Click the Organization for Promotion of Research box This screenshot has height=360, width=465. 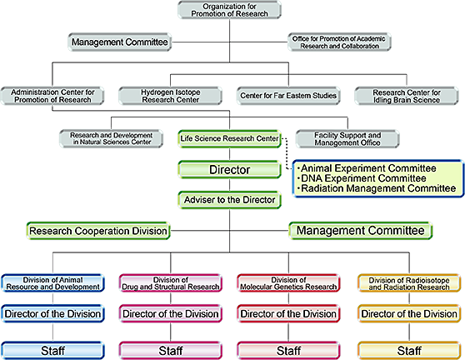(x=229, y=10)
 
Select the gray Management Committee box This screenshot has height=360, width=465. (x=119, y=42)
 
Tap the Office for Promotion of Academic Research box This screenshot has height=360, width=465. (x=339, y=42)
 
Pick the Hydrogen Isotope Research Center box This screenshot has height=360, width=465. (x=170, y=96)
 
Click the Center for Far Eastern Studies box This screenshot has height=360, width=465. (x=288, y=96)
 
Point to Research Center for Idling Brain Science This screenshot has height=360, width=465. (x=407, y=96)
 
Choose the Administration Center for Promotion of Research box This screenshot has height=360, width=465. (x=52, y=96)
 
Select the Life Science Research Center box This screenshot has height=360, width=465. (x=229, y=138)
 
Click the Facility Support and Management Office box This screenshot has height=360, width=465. (x=347, y=138)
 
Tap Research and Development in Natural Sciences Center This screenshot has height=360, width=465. (x=111, y=138)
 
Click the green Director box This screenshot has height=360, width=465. (x=229, y=170)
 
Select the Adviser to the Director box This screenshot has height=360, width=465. (x=229, y=200)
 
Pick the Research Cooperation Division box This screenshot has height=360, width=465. (x=98, y=231)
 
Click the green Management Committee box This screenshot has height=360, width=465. (x=361, y=231)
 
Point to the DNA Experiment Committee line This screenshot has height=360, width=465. (x=362, y=178)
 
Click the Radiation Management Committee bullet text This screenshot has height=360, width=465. (x=377, y=188)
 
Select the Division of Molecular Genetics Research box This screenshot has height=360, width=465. (x=288, y=283)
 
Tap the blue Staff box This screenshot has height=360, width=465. (x=52, y=351)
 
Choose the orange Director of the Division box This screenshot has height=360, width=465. (x=409, y=313)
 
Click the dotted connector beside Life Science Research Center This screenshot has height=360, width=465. (x=287, y=153)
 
